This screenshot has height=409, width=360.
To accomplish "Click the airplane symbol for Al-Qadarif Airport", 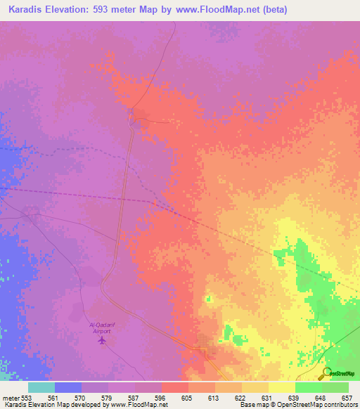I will point(103,340).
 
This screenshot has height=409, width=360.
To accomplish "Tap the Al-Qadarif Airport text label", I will point(103,327).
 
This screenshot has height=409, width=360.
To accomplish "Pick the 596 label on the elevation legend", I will point(161,397).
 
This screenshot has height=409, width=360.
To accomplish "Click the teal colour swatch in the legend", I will point(41,387).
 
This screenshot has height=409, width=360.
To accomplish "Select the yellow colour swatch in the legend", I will point(281,387).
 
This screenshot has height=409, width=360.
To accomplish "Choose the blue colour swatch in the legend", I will point(68,387).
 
